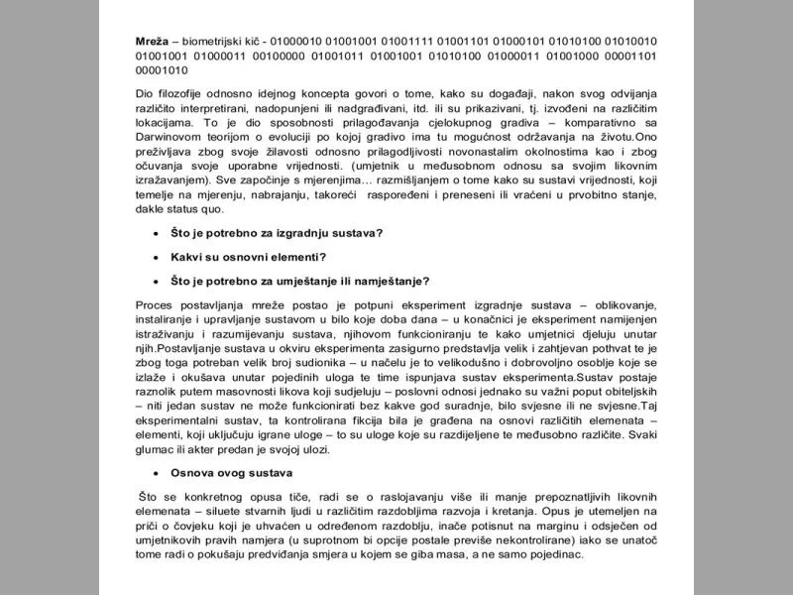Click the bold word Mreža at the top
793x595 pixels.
[x=152, y=41]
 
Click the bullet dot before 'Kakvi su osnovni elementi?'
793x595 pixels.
[x=155, y=257]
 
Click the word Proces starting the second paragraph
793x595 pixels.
[x=155, y=304]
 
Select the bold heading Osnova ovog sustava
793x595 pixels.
[x=231, y=473]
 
